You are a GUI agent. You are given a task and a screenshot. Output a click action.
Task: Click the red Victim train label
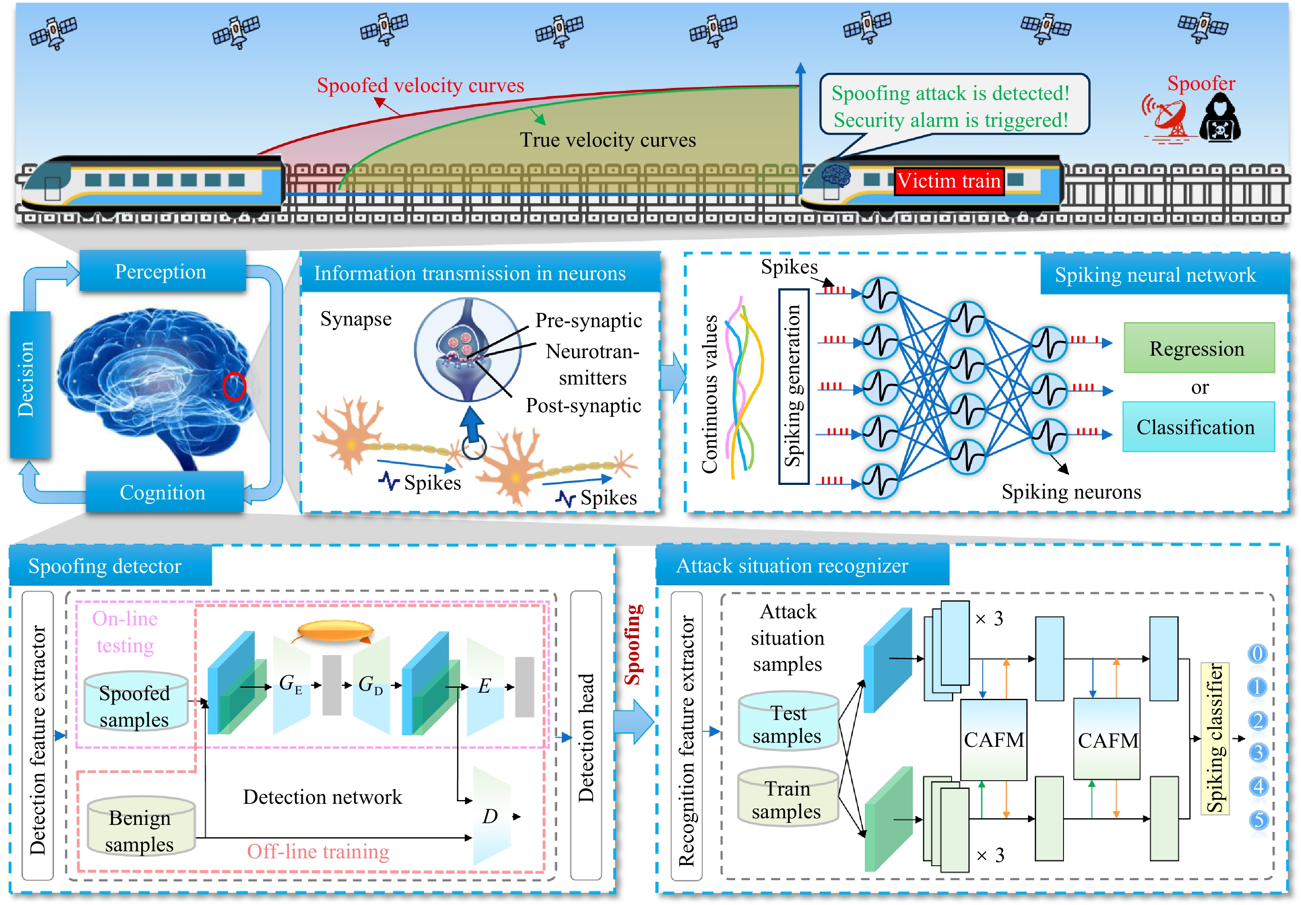click(x=949, y=181)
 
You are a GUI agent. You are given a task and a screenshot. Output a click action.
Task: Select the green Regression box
click(x=1199, y=348)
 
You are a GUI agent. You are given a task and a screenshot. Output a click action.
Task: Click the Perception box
click(x=162, y=271)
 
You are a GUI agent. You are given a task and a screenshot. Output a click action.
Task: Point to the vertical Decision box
click(x=30, y=384)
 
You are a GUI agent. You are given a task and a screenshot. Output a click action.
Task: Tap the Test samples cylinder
click(x=788, y=721)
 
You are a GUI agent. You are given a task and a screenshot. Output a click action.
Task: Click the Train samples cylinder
click(x=788, y=797)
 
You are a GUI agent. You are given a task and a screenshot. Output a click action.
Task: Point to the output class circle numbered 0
click(x=1257, y=654)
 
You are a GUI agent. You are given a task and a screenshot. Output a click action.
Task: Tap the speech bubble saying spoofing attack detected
click(x=954, y=105)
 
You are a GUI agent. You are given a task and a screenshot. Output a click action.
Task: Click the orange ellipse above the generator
click(x=335, y=630)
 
